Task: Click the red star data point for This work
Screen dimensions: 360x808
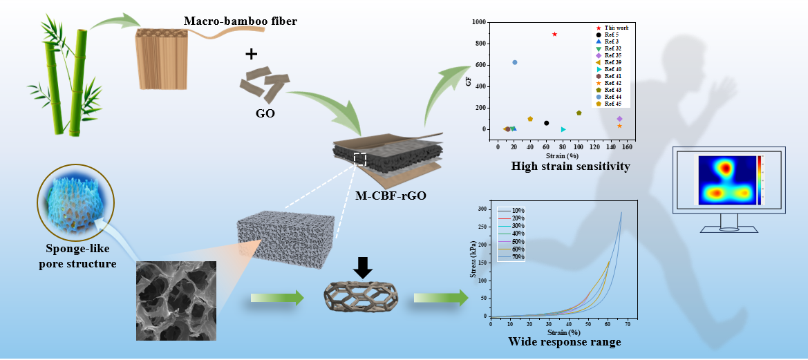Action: pyautogui.click(x=554, y=34)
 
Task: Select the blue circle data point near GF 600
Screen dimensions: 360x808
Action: pyautogui.click(x=514, y=62)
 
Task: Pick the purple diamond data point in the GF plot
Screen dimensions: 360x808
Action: pyautogui.click(x=619, y=119)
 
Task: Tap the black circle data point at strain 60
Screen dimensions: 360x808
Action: pyautogui.click(x=546, y=123)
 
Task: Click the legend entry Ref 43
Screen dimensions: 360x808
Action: pyautogui.click(x=612, y=89)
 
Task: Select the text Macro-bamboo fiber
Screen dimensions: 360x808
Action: pyautogui.click(x=240, y=21)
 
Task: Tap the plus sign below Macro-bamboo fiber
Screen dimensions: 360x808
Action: pyautogui.click(x=252, y=53)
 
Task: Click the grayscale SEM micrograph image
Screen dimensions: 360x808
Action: pyautogui.click(x=176, y=301)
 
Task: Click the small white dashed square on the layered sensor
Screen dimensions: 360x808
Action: pyautogui.click(x=360, y=159)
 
